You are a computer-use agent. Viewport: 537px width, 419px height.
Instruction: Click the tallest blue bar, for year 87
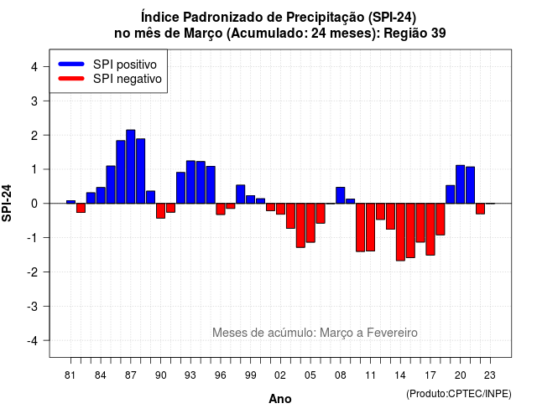pyautogui.click(x=131, y=167)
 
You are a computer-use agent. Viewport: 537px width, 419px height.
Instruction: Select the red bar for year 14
pyautogui.click(x=400, y=232)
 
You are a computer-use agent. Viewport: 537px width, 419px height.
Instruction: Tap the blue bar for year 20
pyautogui.click(x=461, y=184)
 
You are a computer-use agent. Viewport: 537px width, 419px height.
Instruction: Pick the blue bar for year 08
pyautogui.click(x=341, y=195)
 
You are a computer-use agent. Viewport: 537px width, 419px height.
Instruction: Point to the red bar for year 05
pyautogui.click(x=310, y=223)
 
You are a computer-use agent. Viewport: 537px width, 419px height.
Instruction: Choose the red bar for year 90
pyautogui.click(x=160, y=210)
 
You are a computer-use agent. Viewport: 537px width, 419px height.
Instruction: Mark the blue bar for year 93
pyautogui.click(x=190, y=182)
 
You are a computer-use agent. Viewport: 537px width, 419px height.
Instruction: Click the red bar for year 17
pyautogui.click(x=430, y=229)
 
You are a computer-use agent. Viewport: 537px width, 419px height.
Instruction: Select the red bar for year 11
pyautogui.click(x=370, y=227)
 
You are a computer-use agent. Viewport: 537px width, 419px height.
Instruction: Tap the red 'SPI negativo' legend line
pyautogui.click(x=71, y=78)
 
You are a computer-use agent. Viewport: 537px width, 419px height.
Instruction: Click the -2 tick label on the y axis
pyautogui.click(x=33, y=272)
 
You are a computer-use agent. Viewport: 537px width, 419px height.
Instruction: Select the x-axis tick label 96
pyautogui.click(x=220, y=375)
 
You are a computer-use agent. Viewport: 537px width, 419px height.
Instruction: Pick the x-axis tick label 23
pyautogui.click(x=490, y=375)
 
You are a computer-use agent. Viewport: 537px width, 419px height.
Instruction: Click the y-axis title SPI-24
pyautogui.click(x=7, y=203)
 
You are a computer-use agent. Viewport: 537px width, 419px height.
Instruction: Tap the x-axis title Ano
pyautogui.click(x=280, y=399)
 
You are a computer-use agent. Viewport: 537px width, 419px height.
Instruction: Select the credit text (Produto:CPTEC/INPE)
pyautogui.click(x=459, y=394)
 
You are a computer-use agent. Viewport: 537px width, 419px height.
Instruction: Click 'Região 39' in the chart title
pyautogui.click(x=414, y=34)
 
